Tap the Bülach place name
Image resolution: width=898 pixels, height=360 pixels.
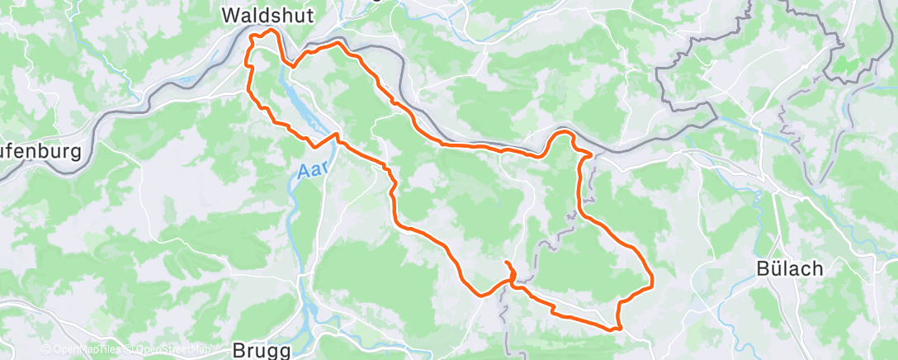point(785,269)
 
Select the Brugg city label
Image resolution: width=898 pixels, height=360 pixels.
point(262,349)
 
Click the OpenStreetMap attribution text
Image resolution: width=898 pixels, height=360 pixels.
point(168,350)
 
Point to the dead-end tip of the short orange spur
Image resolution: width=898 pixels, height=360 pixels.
point(505,263)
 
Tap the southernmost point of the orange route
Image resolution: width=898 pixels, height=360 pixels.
point(615,329)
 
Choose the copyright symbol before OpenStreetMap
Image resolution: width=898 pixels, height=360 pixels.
point(130,350)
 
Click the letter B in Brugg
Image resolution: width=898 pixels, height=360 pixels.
point(239,349)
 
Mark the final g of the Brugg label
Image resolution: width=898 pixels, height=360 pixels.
point(284,351)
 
